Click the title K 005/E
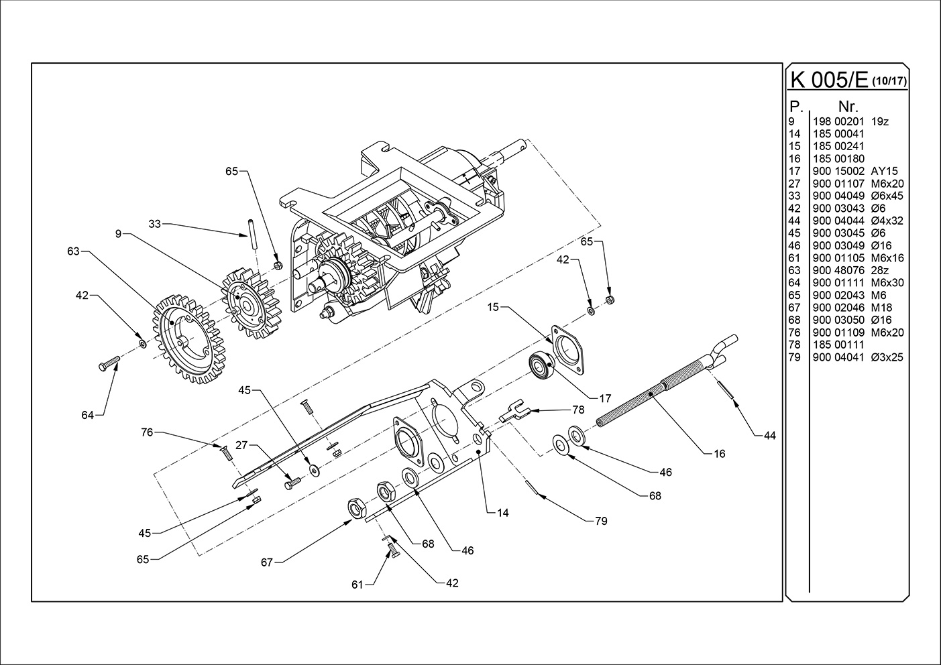[x=830, y=79]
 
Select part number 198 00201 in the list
[x=838, y=121]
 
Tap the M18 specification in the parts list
[x=879, y=307]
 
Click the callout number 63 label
[x=74, y=251]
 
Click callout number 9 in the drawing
[x=118, y=234]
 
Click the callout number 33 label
[x=155, y=224]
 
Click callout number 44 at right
[x=769, y=436]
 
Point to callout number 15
[x=494, y=308]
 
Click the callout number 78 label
[x=578, y=410]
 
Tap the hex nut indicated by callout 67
[x=355, y=508]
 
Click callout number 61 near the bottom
[x=357, y=585]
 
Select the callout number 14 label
[x=502, y=513]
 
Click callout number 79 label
[x=601, y=521]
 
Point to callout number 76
[x=147, y=432]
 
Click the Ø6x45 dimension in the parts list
[x=887, y=196]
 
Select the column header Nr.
[x=848, y=106]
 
